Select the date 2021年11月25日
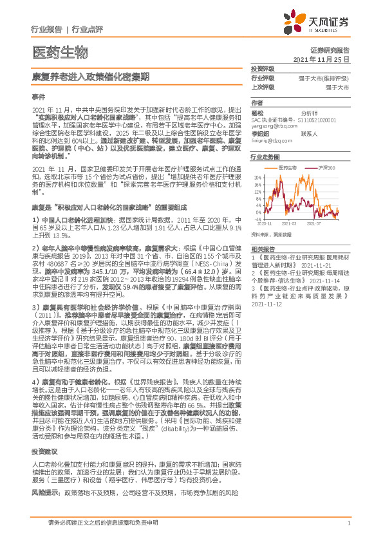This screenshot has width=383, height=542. (x=321, y=59)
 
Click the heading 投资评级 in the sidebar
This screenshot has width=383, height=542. (x=263, y=68)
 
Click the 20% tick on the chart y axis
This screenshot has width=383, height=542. (x=257, y=176)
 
